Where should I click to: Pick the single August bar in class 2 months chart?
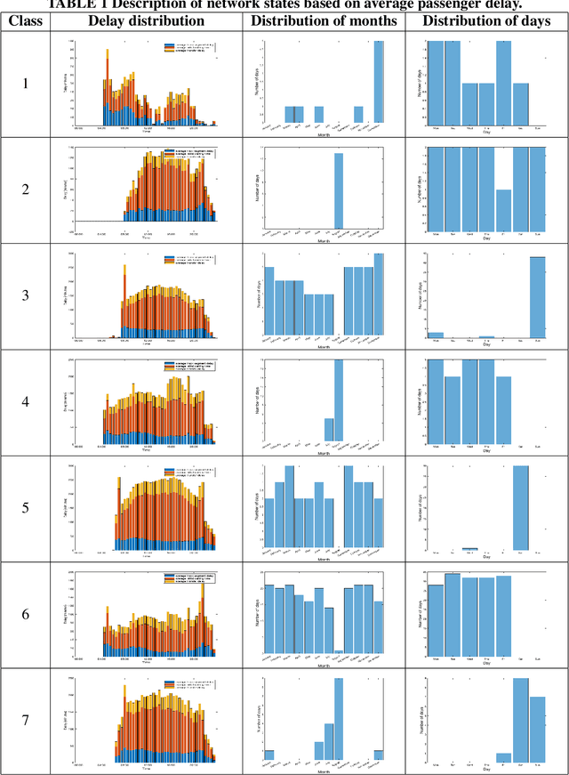tap(339, 190)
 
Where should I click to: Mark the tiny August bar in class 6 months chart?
tap(339, 653)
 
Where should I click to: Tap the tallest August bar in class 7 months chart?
tap(339, 719)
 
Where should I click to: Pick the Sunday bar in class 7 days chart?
tap(537, 730)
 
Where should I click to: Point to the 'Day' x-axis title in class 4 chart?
tap(486, 451)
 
